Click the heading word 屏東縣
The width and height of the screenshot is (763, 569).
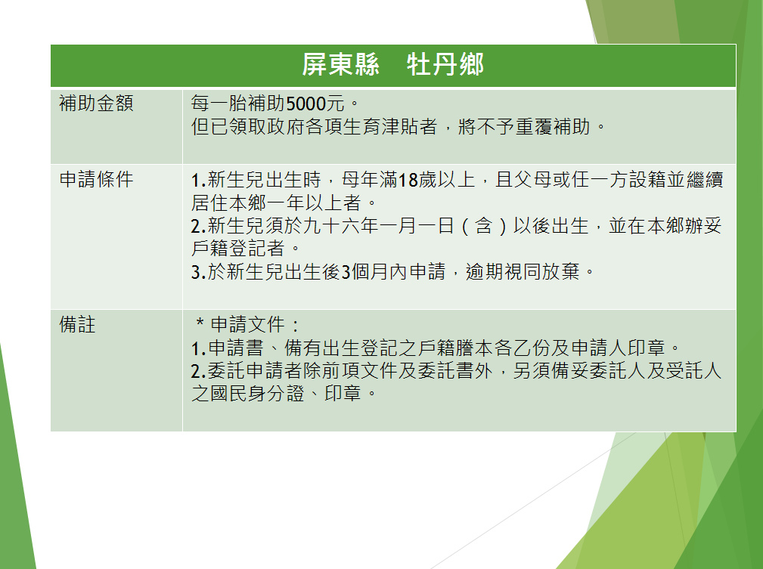tap(340, 65)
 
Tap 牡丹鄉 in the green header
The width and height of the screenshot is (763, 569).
tap(445, 65)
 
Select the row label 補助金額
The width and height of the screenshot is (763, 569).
tap(96, 103)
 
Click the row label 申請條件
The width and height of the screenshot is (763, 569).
tap(96, 179)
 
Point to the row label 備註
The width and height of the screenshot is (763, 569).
tap(77, 324)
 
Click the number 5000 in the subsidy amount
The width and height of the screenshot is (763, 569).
tap(306, 104)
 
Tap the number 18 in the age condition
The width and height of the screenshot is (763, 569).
tap(408, 180)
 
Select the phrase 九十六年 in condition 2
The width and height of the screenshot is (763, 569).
tap(340, 226)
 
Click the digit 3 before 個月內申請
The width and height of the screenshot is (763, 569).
tap(346, 272)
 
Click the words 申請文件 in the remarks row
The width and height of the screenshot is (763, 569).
tap(248, 324)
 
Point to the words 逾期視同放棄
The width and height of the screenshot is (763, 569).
tap(523, 271)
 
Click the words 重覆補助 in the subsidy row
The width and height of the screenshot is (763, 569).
tap(552, 126)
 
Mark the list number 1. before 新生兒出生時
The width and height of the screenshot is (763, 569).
tap(198, 180)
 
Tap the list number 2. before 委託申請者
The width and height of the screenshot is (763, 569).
tap(198, 371)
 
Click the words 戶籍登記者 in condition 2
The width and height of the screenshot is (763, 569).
tap(238, 249)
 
